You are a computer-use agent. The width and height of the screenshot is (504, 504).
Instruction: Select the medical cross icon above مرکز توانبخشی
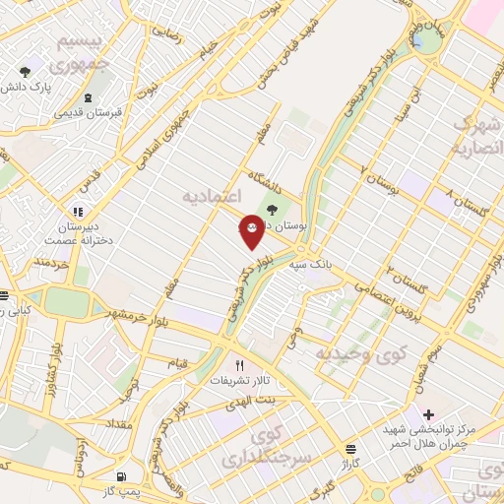[x=426, y=413]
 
